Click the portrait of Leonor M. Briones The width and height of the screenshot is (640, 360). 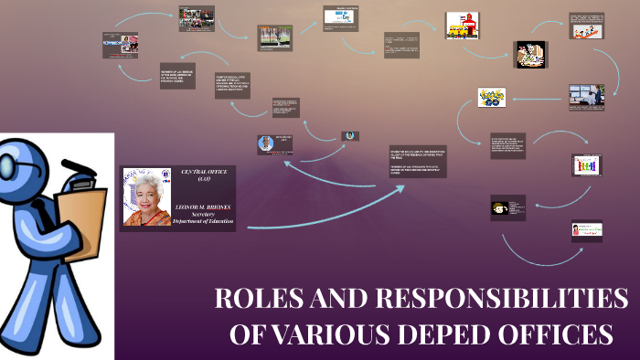click(x=146, y=196)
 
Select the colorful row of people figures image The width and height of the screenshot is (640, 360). click(x=586, y=165)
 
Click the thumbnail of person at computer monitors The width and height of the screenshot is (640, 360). click(x=587, y=97)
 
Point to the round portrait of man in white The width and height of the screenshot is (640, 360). click(x=266, y=143)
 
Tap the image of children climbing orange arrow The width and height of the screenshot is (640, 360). click(x=586, y=27)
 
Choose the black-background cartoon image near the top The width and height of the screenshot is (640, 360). click(x=529, y=55)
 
